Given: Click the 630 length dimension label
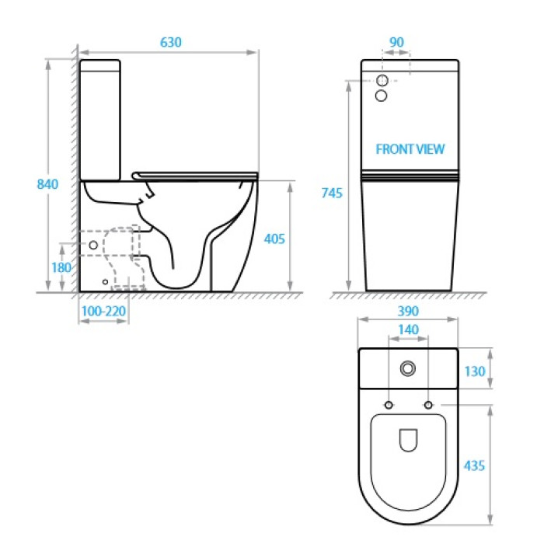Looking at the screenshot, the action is click(x=171, y=42).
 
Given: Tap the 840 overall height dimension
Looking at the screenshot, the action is click(x=47, y=184).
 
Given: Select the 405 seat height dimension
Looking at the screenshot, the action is click(x=274, y=239).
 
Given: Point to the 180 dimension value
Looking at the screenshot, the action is click(x=61, y=267).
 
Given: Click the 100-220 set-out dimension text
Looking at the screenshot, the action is click(x=103, y=311).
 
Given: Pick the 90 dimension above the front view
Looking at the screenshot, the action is click(x=396, y=42).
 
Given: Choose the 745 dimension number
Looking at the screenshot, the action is click(x=332, y=193).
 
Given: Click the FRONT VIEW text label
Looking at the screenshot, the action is click(x=410, y=149).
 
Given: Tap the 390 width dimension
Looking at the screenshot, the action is click(x=408, y=311).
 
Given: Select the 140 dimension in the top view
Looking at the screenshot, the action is click(x=408, y=330).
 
